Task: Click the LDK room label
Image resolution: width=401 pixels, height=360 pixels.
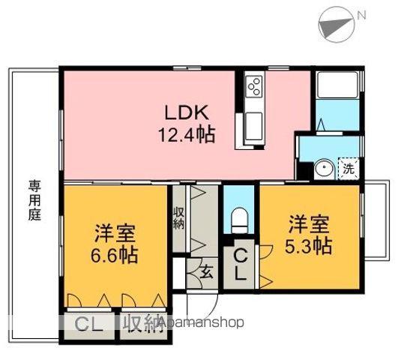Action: (187, 112)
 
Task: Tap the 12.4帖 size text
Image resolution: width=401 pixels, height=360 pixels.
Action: (187, 134)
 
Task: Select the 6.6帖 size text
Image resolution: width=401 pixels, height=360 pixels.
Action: (115, 255)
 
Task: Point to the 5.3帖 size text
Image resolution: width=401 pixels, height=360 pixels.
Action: (308, 246)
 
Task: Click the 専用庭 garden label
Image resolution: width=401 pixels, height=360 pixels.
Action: (34, 200)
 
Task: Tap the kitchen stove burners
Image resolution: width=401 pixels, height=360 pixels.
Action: (254, 87)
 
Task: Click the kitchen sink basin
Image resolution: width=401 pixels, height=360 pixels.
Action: (253, 126)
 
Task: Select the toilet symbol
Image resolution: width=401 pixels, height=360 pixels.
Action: (239, 220)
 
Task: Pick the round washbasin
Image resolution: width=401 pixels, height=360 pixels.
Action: (324, 168)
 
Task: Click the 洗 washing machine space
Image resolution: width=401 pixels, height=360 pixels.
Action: (349, 168)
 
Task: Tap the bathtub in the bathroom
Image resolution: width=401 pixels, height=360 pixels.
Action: (337, 85)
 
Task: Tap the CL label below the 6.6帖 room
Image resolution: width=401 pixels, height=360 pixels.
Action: (88, 324)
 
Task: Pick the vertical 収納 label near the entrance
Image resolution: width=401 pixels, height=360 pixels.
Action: (178, 217)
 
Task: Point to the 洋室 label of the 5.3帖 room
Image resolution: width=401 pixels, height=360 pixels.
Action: (309, 224)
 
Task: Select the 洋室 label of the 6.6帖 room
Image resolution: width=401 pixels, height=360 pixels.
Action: (115, 233)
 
